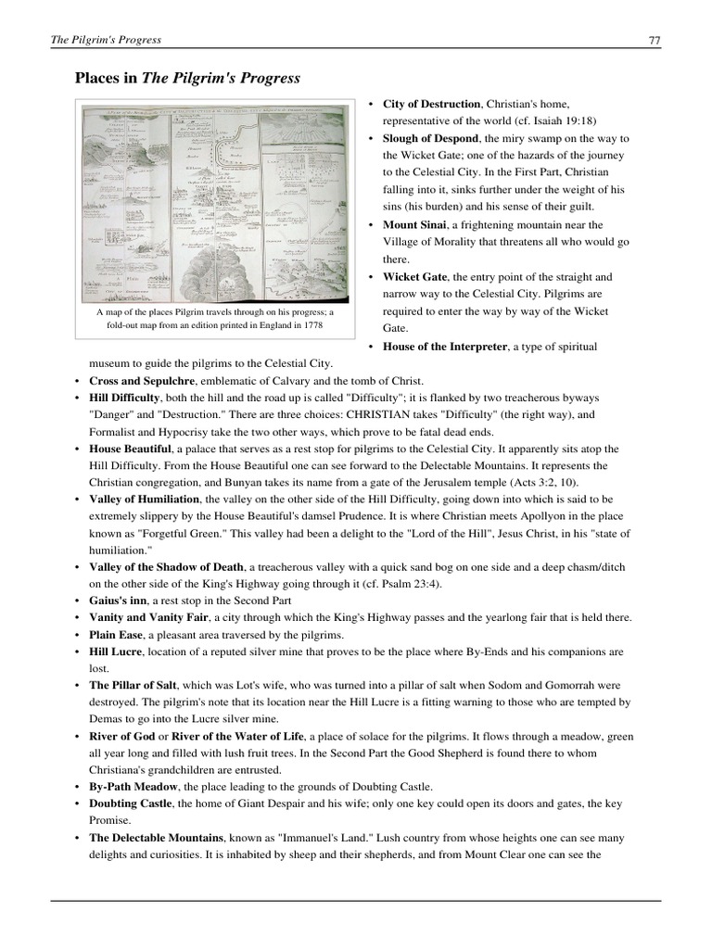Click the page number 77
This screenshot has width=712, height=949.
coord(654,40)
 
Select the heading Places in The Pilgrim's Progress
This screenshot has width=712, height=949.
coord(187,79)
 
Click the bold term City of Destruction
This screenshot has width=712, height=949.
coord(432,104)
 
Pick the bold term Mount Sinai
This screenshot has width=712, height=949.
coord(414,224)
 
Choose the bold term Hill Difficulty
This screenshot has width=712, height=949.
coord(125,398)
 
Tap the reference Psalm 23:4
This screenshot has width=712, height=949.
coord(396,583)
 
